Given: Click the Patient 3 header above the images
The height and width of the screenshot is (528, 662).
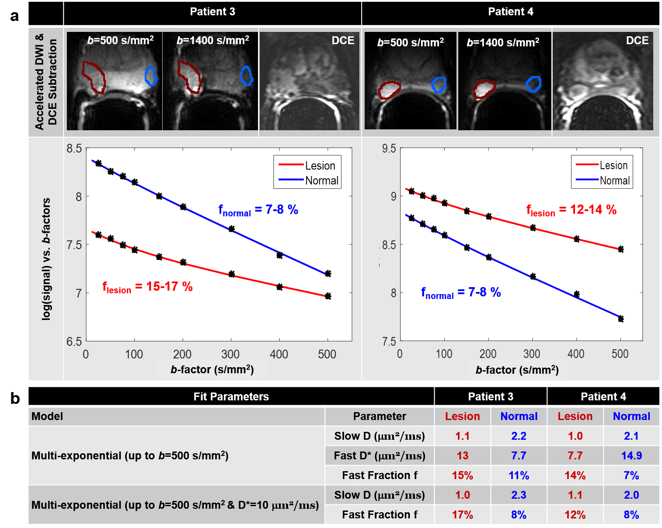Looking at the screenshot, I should pyautogui.click(x=213, y=12).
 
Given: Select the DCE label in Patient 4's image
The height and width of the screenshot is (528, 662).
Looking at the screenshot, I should pyautogui.click(x=637, y=41).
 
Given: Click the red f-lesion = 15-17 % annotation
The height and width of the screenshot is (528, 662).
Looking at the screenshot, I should pyautogui.click(x=147, y=287).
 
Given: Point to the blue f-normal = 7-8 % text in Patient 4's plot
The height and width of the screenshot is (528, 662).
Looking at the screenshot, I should pyautogui.click(x=461, y=292).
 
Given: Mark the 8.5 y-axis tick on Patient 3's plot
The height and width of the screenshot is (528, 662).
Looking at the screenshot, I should pyautogui.click(x=74, y=149).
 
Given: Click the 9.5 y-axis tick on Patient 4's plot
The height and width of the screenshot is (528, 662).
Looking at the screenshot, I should pyautogui.click(x=389, y=149).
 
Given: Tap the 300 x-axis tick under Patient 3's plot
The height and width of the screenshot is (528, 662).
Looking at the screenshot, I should pyautogui.click(x=230, y=354).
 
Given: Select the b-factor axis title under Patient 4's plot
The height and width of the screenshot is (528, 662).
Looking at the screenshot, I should pyautogui.click(x=517, y=370).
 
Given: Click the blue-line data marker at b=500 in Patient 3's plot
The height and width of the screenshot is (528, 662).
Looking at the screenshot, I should pyautogui.click(x=328, y=274).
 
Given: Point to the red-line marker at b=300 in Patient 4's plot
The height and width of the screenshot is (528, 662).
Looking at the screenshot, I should pyautogui.click(x=533, y=228).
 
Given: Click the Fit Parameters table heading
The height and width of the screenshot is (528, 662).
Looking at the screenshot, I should pyautogui.click(x=231, y=396).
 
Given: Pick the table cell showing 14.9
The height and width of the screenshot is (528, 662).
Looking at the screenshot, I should pyautogui.click(x=631, y=456).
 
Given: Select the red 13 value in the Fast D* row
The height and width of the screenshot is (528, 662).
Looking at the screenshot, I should pyautogui.click(x=462, y=456).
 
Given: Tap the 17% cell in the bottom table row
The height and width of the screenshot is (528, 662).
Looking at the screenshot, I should pyautogui.click(x=462, y=515).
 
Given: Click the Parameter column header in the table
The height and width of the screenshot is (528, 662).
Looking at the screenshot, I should pyautogui.click(x=380, y=417).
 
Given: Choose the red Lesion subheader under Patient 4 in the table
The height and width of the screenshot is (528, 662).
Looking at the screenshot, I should pyautogui.click(x=575, y=417).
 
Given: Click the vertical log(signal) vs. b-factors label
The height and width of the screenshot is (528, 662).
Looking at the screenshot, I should pyautogui.click(x=46, y=259).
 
